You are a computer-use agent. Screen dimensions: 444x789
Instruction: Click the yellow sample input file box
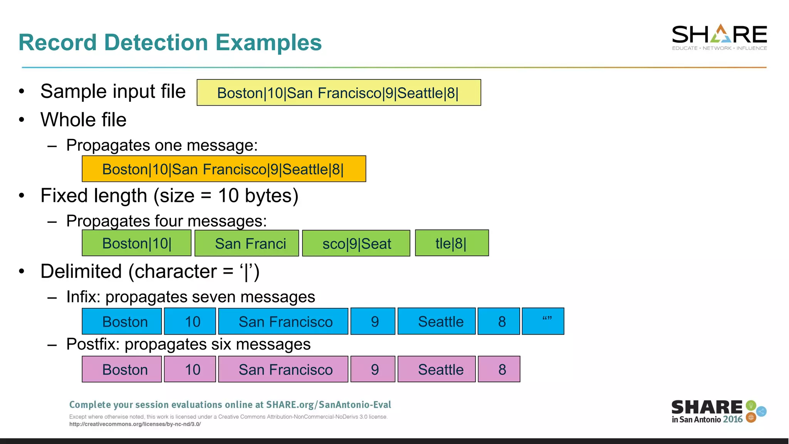pyautogui.click(x=339, y=92)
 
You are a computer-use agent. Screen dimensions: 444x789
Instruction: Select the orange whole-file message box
pyautogui.click(x=224, y=169)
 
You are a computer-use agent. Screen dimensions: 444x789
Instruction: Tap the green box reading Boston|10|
pyautogui.click(x=136, y=243)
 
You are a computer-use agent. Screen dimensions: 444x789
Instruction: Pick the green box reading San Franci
pyautogui.click(x=247, y=244)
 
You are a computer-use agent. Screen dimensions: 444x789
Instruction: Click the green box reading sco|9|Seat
pyautogui.click(x=356, y=244)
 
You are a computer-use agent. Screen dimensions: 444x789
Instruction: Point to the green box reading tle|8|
pyautogui.click(x=452, y=243)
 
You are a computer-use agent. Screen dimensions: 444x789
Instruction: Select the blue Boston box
pyautogui.click(x=122, y=321)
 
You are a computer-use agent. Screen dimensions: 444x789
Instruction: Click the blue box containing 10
pyautogui.click(x=190, y=321)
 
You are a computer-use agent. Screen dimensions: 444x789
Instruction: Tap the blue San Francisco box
pyautogui.click(x=283, y=321)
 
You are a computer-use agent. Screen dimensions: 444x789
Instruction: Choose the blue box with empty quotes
pyautogui.click(x=543, y=321)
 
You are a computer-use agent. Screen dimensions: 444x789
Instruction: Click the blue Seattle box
pyautogui.click(x=436, y=321)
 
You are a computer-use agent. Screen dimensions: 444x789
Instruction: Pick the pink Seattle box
pyautogui.click(x=436, y=369)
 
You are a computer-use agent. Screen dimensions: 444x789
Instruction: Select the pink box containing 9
pyautogui.click(x=373, y=369)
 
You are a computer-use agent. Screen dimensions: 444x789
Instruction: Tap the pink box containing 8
pyautogui.click(x=499, y=369)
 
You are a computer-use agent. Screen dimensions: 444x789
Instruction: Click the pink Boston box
pyautogui.click(x=122, y=369)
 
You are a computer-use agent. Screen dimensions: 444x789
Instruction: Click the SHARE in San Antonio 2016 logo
pyautogui.click(x=718, y=412)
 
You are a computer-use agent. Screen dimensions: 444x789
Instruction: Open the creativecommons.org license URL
pyautogui.click(x=135, y=424)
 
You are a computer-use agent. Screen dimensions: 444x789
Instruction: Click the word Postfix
pyautogui.click(x=93, y=344)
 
